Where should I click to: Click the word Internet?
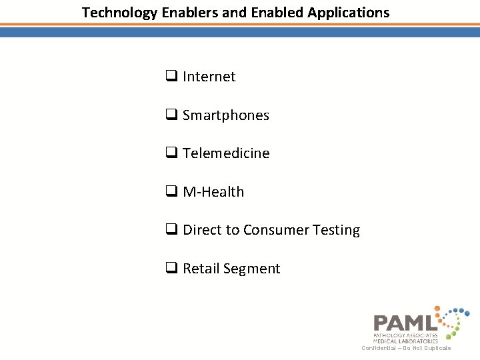tap(209, 77)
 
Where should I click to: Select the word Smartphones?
tap(225, 115)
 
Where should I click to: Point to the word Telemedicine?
tap(226, 153)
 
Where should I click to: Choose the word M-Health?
tap(213, 192)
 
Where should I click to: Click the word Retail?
tap(201, 269)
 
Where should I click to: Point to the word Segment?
tap(251, 269)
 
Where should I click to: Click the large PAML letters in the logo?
tap(405, 323)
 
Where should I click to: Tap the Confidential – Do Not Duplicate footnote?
tap(406, 348)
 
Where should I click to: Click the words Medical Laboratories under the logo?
tap(405, 341)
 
